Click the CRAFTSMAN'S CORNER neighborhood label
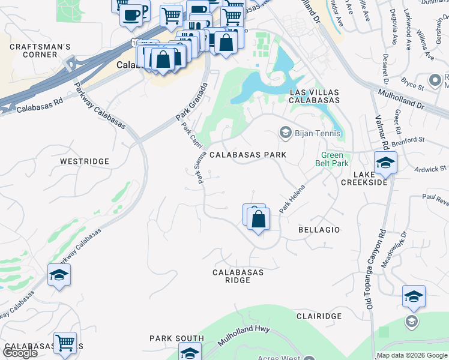[40, 50]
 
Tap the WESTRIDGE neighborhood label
[85, 161]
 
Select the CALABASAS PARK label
[247, 155]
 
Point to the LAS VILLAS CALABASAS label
[314, 97]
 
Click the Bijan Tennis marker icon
[285, 133]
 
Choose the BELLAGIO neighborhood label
[319, 230]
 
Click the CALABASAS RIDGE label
[238, 277]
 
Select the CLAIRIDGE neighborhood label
[319, 316]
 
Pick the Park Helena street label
[292, 197]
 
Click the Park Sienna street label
[197, 167]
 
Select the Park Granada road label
[190, 101]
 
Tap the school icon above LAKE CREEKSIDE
[385, 163]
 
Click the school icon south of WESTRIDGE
[59, 275]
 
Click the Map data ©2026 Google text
[411, 355]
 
